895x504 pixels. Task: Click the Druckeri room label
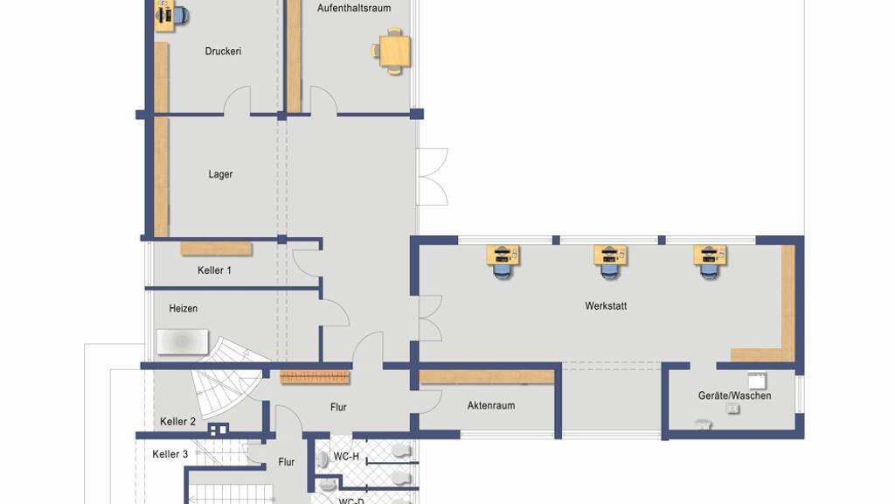click(x=223, y=52)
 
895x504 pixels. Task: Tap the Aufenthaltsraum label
click(x=354, y=8)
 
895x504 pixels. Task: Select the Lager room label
click(x=220, y=174)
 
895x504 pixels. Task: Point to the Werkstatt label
click(x=606, y=306)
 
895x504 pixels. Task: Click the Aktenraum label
click(x=491, y=406)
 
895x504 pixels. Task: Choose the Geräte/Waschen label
click(x=734, y=395)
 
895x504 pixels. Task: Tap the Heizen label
click(x=184, y=309)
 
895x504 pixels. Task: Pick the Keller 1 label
click(x=214, y=270)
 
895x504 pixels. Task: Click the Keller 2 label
click(x=177, y=422)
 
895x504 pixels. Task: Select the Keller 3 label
click(x=170, y=454)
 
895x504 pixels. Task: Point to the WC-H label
click(x=346, y=457)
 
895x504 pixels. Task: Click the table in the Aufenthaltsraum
click(x=394, y=51)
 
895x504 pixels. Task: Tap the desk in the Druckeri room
click(x=164, y=16)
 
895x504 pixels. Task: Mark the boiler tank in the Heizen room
click(x=183, y=342)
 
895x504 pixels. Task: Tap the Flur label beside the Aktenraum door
click(x=338, y=408)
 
